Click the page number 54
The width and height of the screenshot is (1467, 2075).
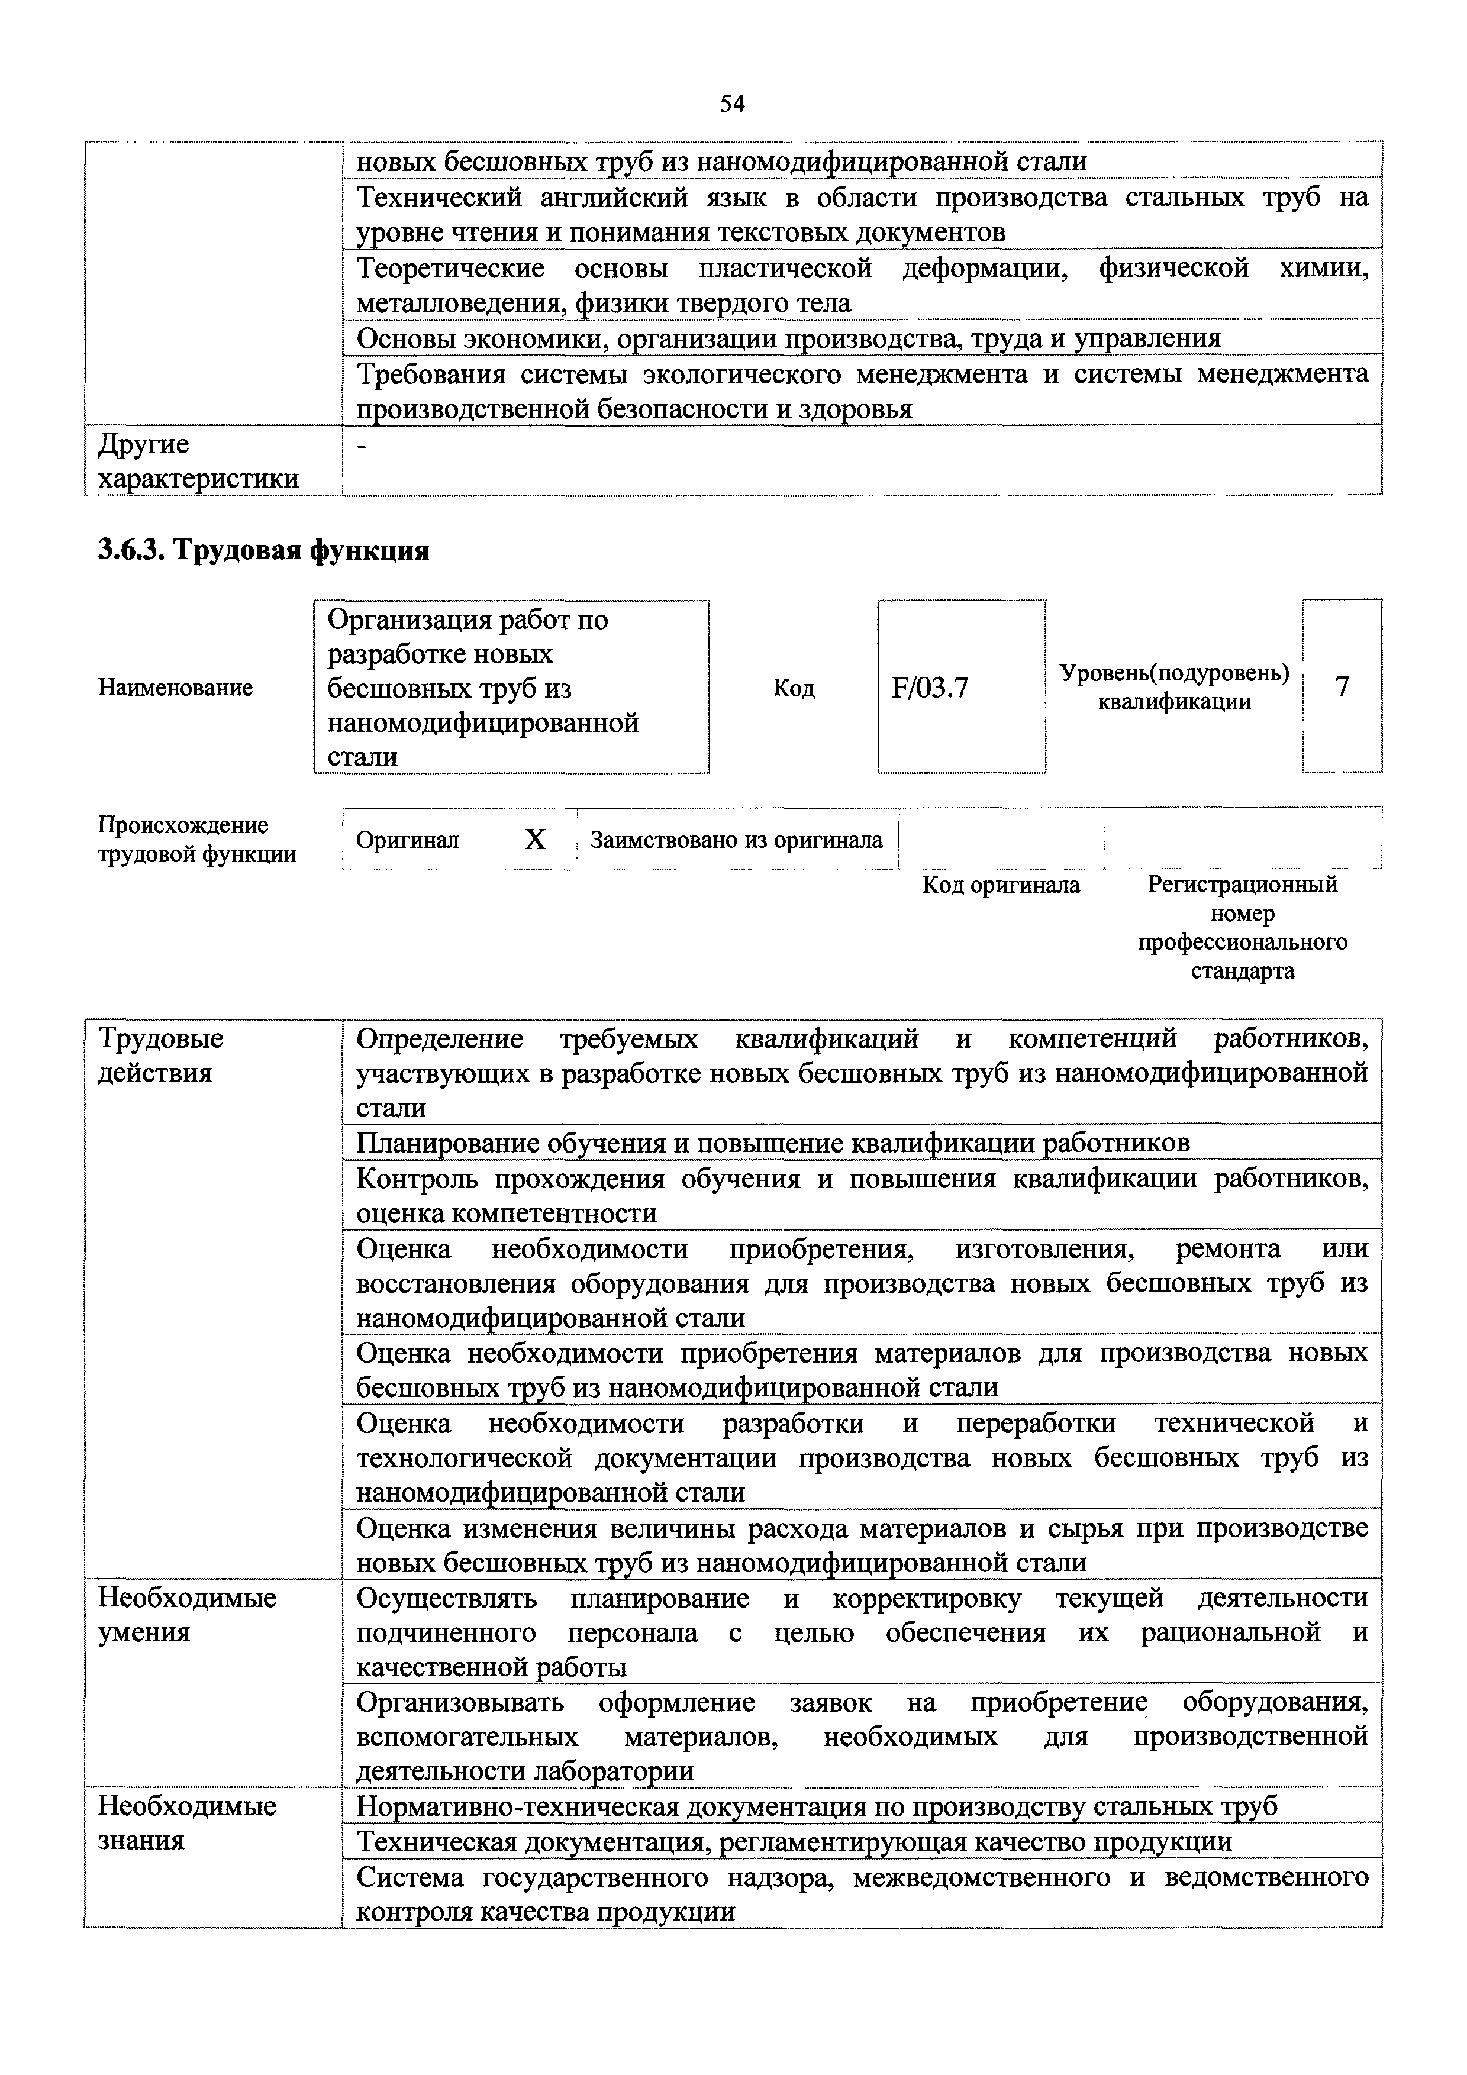[x=732, y=104]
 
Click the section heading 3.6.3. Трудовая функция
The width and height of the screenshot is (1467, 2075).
[x=263, y=550]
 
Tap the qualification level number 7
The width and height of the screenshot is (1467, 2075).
[x=1342, y=687]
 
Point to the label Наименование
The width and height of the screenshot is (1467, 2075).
[x=175, y=688]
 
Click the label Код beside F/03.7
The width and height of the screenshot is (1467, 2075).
[x=794, y=689]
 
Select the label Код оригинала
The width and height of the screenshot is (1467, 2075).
[x=1001, y=885]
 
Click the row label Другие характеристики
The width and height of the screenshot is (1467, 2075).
[x=197, y=461]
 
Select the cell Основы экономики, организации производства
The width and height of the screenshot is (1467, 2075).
[x=788, y=338]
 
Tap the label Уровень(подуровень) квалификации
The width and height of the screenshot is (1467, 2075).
[x=1174, y=687]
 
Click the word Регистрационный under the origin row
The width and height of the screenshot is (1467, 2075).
[x=1243, y=885]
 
